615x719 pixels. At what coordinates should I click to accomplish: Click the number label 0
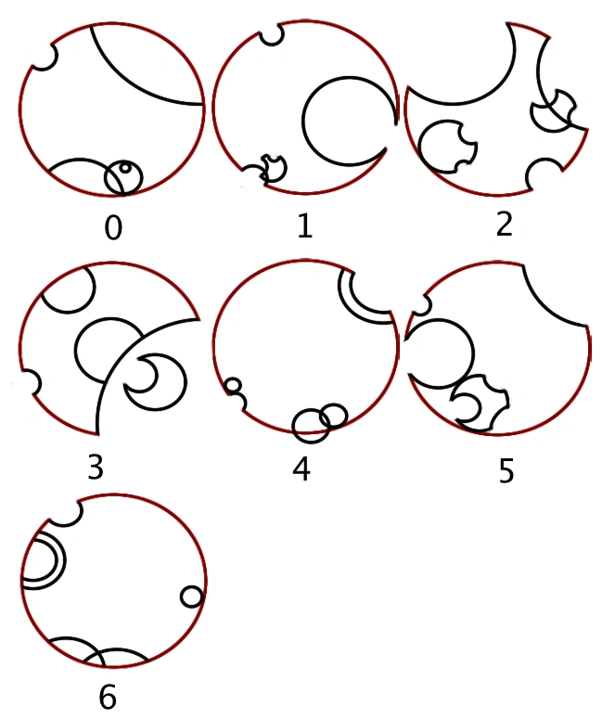click(x=113, y=228)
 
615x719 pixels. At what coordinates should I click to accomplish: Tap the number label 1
click(x=305, y=226)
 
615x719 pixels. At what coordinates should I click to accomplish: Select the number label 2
click(x=504, y=225)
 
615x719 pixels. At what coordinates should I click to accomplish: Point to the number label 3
click(x=96, y=468)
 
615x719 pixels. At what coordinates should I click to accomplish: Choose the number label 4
click(x=301, y=469)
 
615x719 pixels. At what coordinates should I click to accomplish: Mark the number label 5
click(x=506, y=471)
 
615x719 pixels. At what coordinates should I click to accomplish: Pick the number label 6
click(x=108, y=697)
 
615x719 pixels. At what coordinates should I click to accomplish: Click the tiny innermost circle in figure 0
click(x=124, y=168)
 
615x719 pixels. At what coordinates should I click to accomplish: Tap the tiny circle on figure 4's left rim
click(x=233, y=386)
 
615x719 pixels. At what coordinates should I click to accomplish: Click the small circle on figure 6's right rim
click(x=191, y=597)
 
